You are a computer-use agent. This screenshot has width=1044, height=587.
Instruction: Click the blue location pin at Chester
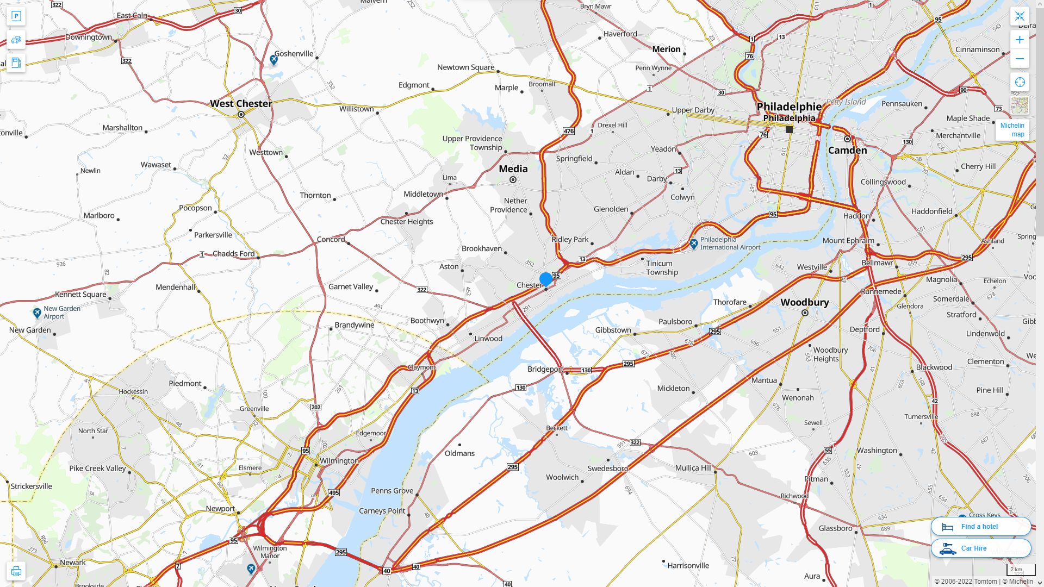[x=546, y=279]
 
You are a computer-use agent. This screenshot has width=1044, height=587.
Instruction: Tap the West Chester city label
[x=241, y=103]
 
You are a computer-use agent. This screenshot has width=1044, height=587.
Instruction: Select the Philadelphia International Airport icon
[x=693, y=244]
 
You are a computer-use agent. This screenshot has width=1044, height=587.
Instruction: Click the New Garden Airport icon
[x=37, y=313]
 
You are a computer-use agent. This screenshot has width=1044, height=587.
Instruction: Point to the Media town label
[x=513, y=168]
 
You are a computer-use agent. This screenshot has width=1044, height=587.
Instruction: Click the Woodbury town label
[x=804, y=302]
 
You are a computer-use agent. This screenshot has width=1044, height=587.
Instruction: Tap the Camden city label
[x=847, y=150]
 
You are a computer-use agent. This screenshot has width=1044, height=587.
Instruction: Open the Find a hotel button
[x=980, y=526]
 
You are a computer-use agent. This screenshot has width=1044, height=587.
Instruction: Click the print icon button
[x=16, y=571]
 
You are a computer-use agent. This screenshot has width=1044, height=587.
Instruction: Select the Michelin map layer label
[x=1012, y=129]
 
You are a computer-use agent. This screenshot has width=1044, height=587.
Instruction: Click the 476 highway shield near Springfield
[x=569, y=131]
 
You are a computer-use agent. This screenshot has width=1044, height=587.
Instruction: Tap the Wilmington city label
[x=339, y=460]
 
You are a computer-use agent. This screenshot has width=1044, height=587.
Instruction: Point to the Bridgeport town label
[x=545, y=369]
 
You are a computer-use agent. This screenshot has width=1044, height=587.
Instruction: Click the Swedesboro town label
[x=607, y=468]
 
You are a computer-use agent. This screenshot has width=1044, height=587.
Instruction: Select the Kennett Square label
[x=80, y=294]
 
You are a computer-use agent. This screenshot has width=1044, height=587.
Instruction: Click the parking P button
[x=16, y=16]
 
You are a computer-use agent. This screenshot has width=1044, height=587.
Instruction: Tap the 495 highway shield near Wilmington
[x=334, y=492]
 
